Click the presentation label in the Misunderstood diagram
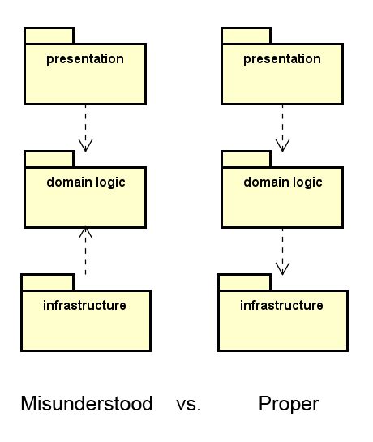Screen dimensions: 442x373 pyautogui.click(x=85, y=59)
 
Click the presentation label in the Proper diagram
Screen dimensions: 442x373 pyautogui.click(x=282, y=59)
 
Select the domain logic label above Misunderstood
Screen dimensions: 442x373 pyautogui.click(x=85, y=182)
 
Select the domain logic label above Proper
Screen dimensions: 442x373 pyautogui.click(x=282, y=182)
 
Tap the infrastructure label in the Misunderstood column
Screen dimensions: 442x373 pyautogui.click(x=84, y=306)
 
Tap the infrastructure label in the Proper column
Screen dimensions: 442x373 pyautogui.click(x=282, y=306)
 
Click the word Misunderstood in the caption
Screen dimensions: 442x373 pyautogui.click(x=86, y=403)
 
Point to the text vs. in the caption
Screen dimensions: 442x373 pyautogui.click(x=188, y=403)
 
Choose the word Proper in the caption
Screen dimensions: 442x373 pyautogui.click(x=289, y=403)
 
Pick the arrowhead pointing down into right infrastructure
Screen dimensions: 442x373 pyautogui.click(x=282, y=268)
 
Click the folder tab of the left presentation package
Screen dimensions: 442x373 pyautogui.click(x=49, y=36)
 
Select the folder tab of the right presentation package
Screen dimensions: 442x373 pyautogui.click(x=246, y=36)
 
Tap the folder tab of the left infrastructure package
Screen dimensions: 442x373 pyautogui.click(x=47, y=282)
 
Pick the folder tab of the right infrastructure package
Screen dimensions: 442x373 pyautogui.click(x=244, y=282)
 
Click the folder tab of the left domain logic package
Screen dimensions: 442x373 pyautogui.click(x=49, y=159)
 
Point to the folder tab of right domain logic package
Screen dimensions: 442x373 pyautogui.click(x=246, y=159)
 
